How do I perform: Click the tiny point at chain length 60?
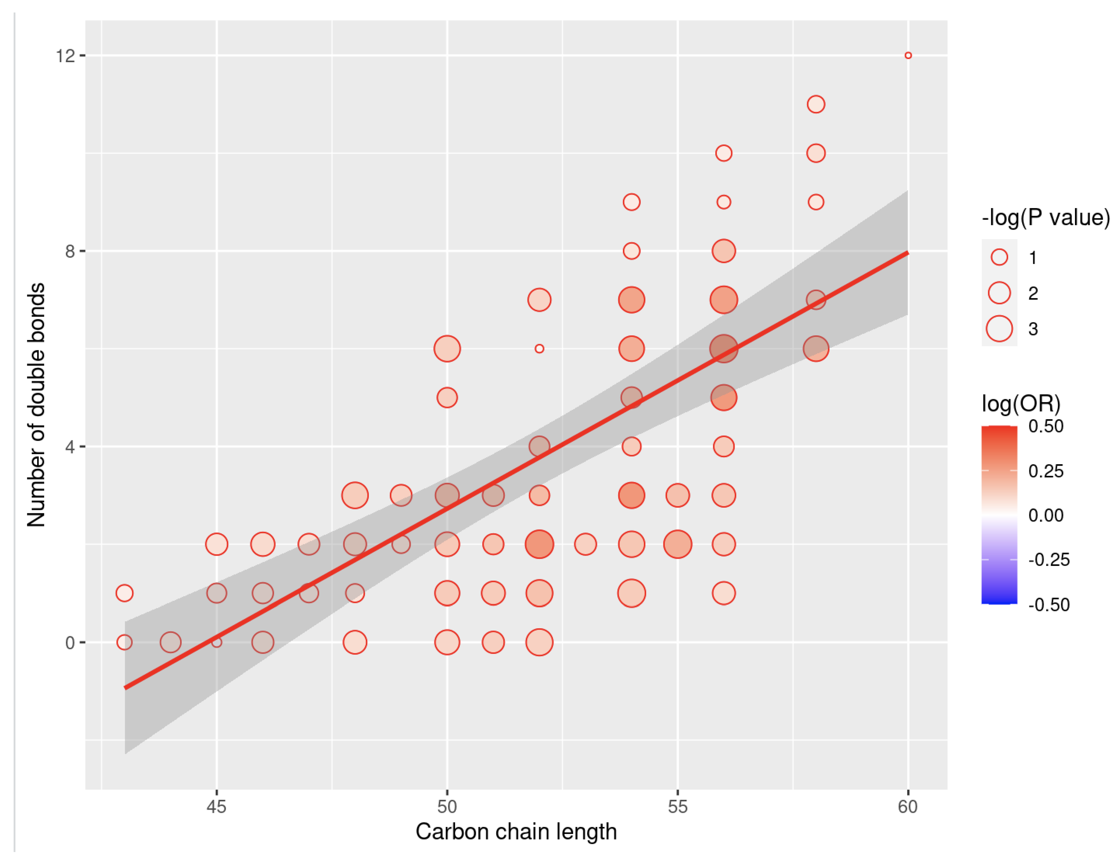click(908, 55)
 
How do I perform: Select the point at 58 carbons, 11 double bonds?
click(816, 104)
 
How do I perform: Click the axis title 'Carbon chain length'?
click(516, 831)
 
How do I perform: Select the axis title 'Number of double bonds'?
click(37, 405)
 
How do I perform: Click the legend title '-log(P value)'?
click(1045, 217)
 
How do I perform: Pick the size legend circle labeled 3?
click(999, 328)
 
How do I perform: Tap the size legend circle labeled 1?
click(999, 257)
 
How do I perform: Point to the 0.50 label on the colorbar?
click(1045, 426)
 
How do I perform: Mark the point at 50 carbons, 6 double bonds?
click(447, 349)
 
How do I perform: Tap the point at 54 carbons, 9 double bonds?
click(631, 202)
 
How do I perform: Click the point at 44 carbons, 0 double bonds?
click(171, 642)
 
